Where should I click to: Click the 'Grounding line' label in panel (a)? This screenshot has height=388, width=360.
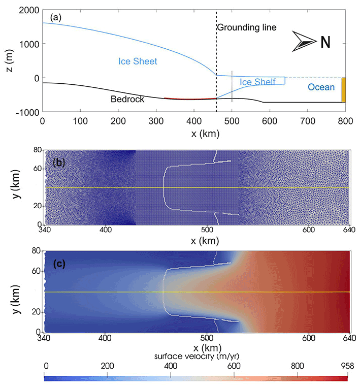[x=247, y=27]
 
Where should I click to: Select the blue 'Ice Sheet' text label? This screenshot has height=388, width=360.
[x=138, y=61]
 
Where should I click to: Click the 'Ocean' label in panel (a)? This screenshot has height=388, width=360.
[x=321, y=87]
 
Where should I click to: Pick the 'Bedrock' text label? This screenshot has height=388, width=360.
[x=127, y=100]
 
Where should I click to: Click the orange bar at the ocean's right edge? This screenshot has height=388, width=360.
[x=343, y=90]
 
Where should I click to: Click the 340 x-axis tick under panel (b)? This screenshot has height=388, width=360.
[x=45, y=230]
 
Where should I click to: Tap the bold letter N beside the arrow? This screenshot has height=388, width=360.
[x=325, y=42]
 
